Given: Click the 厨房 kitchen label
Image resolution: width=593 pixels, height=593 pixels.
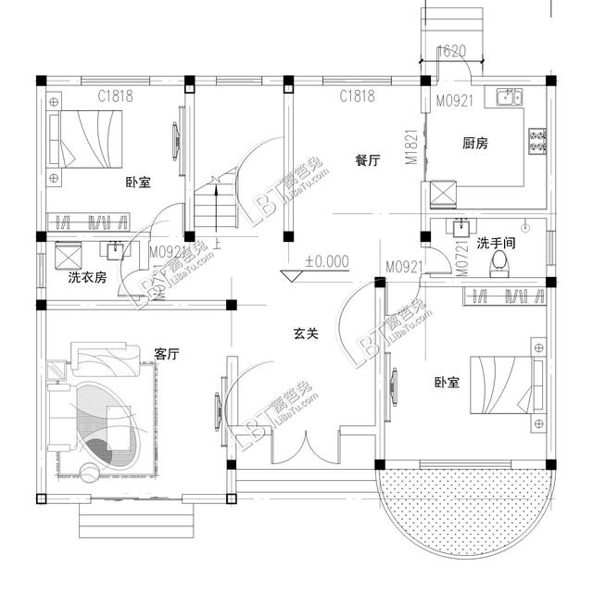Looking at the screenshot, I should tap(475, 144).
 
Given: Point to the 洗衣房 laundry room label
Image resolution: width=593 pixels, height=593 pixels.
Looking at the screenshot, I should tap(87, 277).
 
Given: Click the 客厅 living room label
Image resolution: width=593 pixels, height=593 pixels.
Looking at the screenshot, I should tap(167, 354).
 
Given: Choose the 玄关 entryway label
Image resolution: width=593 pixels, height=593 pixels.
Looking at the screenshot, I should tap(306, 333).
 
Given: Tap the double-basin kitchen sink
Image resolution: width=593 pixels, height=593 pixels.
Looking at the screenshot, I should tap(509, 96).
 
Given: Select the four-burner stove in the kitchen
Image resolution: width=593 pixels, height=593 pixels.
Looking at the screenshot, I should tap(536, 141).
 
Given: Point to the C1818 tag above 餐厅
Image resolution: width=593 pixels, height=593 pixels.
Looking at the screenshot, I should tap(357, 95).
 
